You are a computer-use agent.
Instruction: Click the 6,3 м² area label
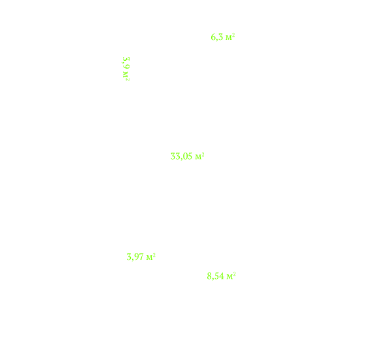click(x=223, y=37)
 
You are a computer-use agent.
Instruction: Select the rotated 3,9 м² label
click(x=126, y=69)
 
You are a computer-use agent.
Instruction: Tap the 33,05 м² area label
click(x=187, y=156)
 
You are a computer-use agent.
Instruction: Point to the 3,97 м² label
click(x=141, y=257)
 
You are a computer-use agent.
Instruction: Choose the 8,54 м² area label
click(x=221, y=276)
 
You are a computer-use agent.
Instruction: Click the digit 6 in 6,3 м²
click(x=213, y=37)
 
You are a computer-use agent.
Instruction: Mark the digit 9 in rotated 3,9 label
click(x=126, y=67)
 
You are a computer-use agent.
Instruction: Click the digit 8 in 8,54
click(x=209, y=276)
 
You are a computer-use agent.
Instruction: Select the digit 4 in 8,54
click(x=221, y=276)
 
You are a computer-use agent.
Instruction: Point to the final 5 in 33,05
click(x=189, y=156)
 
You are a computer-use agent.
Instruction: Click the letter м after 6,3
click(x=229, y=38)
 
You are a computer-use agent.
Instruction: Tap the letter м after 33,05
click(x=198, y=158)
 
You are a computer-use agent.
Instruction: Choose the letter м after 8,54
click(x=230, y=278)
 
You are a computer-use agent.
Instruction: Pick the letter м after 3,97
click(x=149, y=258)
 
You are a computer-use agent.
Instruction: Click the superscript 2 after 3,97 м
click(x=154, y=255)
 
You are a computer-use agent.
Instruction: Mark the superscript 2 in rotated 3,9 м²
click(x=128, y=80)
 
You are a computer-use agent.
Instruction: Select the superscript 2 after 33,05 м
click(x=203, y=154)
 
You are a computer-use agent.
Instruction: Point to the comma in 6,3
click(x=217, y=40)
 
